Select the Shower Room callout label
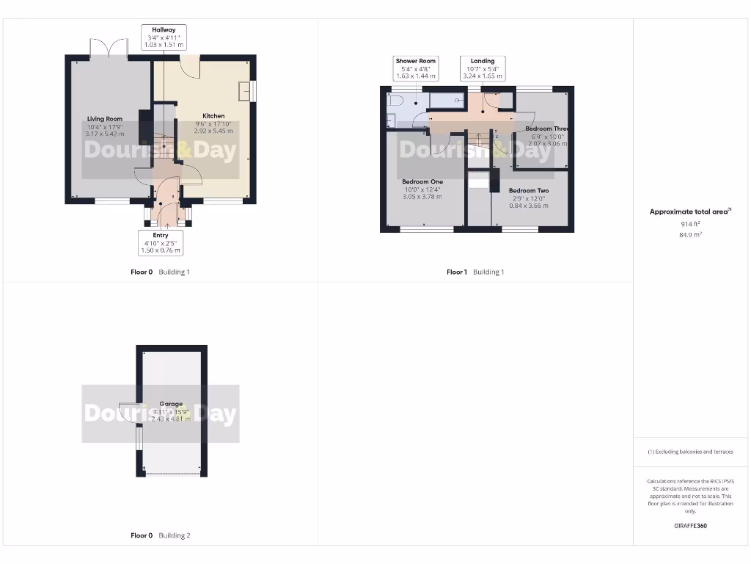(416, 68)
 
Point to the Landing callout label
(482, 68)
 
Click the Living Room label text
(105, 119)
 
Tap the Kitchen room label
(213, 116)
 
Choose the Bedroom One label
(422, 181)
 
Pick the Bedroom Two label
(529, 191)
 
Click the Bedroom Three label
(547, 129)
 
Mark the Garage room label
(171, 404)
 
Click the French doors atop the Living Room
(109, 48)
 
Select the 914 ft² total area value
(690, 223)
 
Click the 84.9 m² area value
(690, 235)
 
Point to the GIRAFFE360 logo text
(690, 526)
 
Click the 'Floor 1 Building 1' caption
(475, 272)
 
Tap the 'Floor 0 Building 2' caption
(160, 535)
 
